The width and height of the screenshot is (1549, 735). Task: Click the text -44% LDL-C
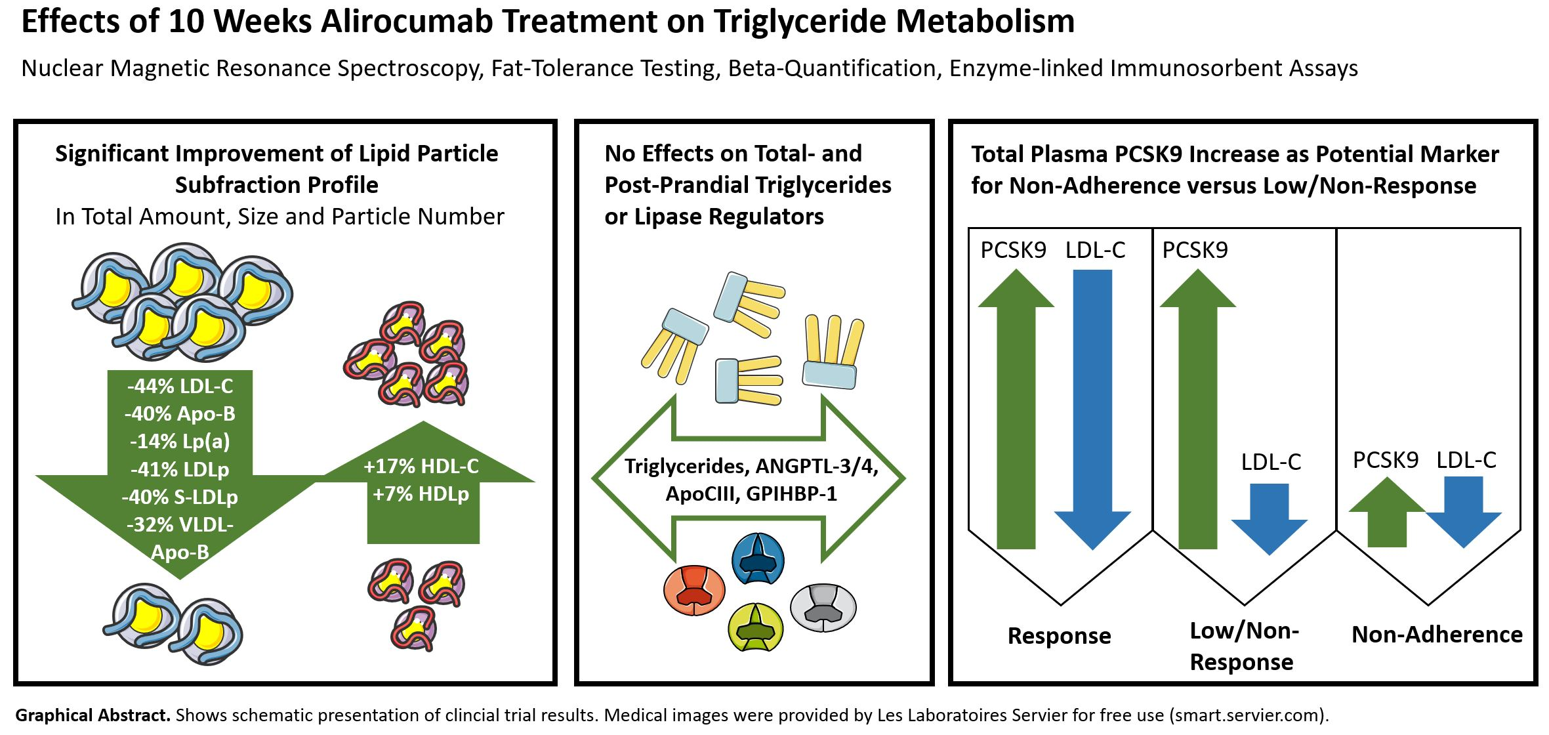(180, 386)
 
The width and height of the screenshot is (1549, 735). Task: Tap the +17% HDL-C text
(421, 466)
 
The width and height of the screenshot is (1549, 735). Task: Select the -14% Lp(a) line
(180, 441)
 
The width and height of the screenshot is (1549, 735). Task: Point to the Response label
(1059, 635)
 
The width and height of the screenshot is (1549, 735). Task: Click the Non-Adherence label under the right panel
(1437, 634)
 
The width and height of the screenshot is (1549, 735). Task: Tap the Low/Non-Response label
(1243, 646)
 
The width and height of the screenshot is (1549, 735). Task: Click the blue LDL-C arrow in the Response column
(1092, 407)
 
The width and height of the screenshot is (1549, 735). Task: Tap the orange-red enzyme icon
(694, 589)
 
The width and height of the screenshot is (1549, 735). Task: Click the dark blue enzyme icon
(758, 558)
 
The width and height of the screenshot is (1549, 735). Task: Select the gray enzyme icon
(823, 607)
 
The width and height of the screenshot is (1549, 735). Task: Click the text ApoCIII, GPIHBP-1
(751, 493)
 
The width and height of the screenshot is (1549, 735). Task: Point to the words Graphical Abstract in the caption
(93, 715)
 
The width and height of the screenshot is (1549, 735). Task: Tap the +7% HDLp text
(421, 493)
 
